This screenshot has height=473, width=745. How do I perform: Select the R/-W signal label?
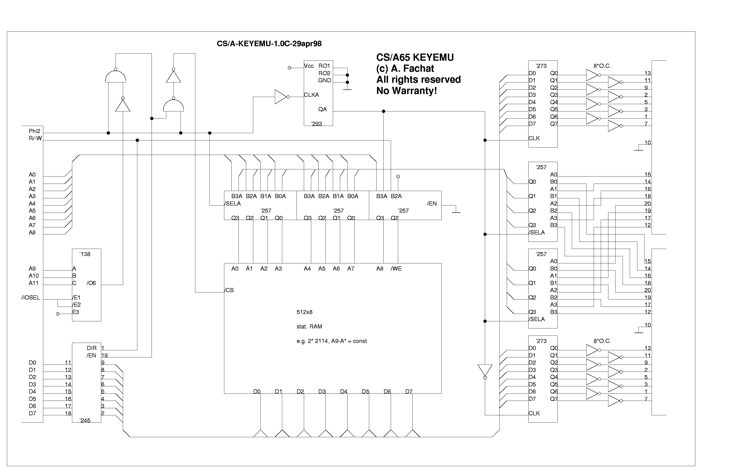click(x=35, y=138)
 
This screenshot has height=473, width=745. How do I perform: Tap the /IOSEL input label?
click(x=31, y=297)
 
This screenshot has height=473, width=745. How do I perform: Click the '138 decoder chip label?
click(x=85, y=254)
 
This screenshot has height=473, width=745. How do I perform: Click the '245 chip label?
click(x=85, y=420)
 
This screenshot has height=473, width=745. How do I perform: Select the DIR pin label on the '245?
click(x=92, y=348)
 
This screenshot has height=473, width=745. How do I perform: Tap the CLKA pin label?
click(x=311, y=95)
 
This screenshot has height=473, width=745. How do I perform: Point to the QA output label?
click(x=322, y=109)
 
